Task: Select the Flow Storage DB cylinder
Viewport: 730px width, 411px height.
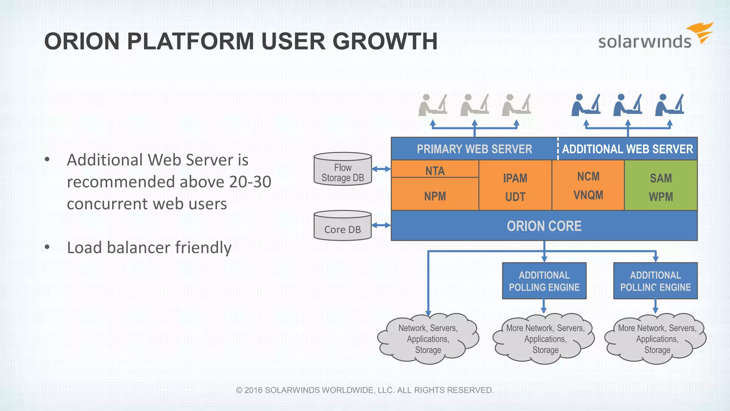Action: coord(343,169)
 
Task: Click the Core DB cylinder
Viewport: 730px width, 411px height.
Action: coord(343,226)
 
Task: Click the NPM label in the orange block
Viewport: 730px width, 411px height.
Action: coord(435,196)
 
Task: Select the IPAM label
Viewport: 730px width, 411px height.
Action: coord(515,178)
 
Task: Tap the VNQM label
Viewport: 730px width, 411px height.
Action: coord(588,195)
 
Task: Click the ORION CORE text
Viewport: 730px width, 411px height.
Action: coord(544,226)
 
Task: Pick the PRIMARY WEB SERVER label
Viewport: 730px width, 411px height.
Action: coord(474,149)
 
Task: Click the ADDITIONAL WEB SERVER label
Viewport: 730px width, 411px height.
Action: coord(627,149)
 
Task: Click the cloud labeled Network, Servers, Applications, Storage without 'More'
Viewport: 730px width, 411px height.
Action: coord(428,339)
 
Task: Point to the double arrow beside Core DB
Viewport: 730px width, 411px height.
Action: coord(381,225)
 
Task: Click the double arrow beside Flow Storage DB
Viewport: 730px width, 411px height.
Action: coord(381,169)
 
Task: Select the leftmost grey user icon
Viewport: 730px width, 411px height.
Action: coord(432,106)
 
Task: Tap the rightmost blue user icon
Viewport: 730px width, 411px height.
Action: coord(669,105)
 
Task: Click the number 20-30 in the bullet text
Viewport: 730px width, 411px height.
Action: coord(250,182)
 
